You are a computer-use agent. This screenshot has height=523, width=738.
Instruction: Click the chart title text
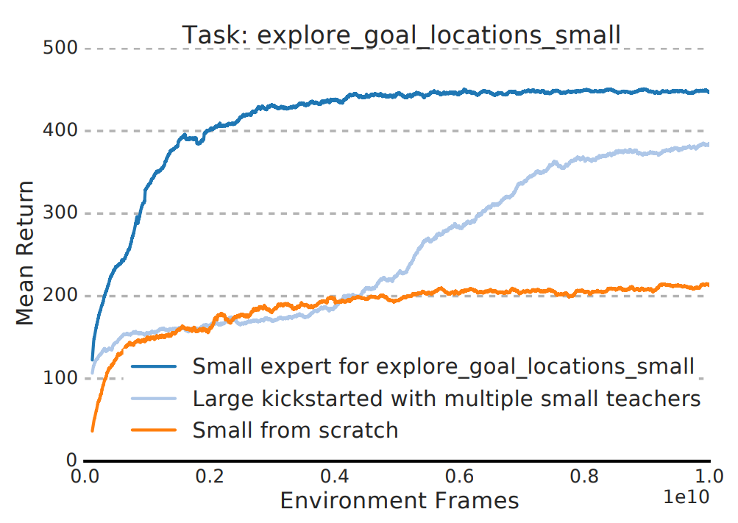click(402, 35)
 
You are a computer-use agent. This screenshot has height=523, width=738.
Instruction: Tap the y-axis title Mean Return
click(26, 253)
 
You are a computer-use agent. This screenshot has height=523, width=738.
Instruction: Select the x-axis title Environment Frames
click(400, 501)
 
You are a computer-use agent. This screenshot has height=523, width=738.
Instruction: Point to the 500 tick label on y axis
click(60, 49)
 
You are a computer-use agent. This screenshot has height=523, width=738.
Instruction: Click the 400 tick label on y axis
click(60, 131)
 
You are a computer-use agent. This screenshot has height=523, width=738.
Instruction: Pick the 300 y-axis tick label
click(60, 213)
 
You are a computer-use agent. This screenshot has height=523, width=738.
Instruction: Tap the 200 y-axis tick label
click(60, 296)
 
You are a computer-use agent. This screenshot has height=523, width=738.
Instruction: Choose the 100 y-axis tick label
click(60, 378)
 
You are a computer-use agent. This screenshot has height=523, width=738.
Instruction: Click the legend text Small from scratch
click(295, 430)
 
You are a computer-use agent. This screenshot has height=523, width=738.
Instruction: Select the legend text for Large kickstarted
click(446, 398)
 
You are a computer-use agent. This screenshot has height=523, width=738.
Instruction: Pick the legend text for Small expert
click(443, 366)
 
